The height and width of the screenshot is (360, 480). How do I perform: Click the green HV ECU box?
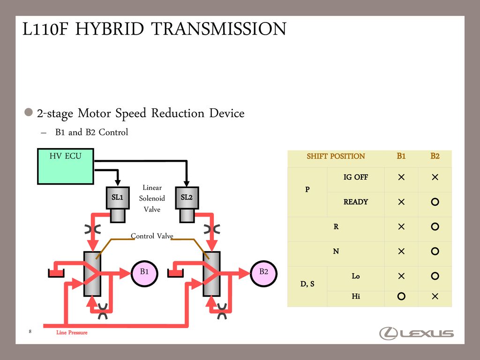(x=65, y=166)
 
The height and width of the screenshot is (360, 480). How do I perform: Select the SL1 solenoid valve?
(x=117, y=197)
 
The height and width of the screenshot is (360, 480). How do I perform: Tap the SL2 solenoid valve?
(x=187, y=197)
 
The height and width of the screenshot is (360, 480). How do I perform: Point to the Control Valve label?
(x=152, y=236)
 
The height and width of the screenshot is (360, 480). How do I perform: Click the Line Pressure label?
(x=72, y=332)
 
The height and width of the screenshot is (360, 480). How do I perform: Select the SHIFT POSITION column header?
(x=336, y=156)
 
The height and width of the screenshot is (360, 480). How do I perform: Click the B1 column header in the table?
(x=401, y=156)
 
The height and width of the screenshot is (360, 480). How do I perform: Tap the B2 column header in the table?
(x=435, y=156)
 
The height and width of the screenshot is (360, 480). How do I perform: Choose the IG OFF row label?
(x=356, y=177)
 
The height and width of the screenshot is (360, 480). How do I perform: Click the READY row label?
(x=356, y=202)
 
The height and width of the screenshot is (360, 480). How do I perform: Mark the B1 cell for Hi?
(x=401, y=296)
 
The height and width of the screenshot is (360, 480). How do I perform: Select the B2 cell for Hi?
(x=435, y=296)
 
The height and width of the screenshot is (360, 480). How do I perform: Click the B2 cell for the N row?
(x=435, y=251)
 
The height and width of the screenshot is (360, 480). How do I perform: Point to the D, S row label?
(x=307, y=284)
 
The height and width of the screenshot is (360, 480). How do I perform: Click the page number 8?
(x=30, y=332)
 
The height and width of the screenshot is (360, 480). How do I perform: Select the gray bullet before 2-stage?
(x=29, y=112)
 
